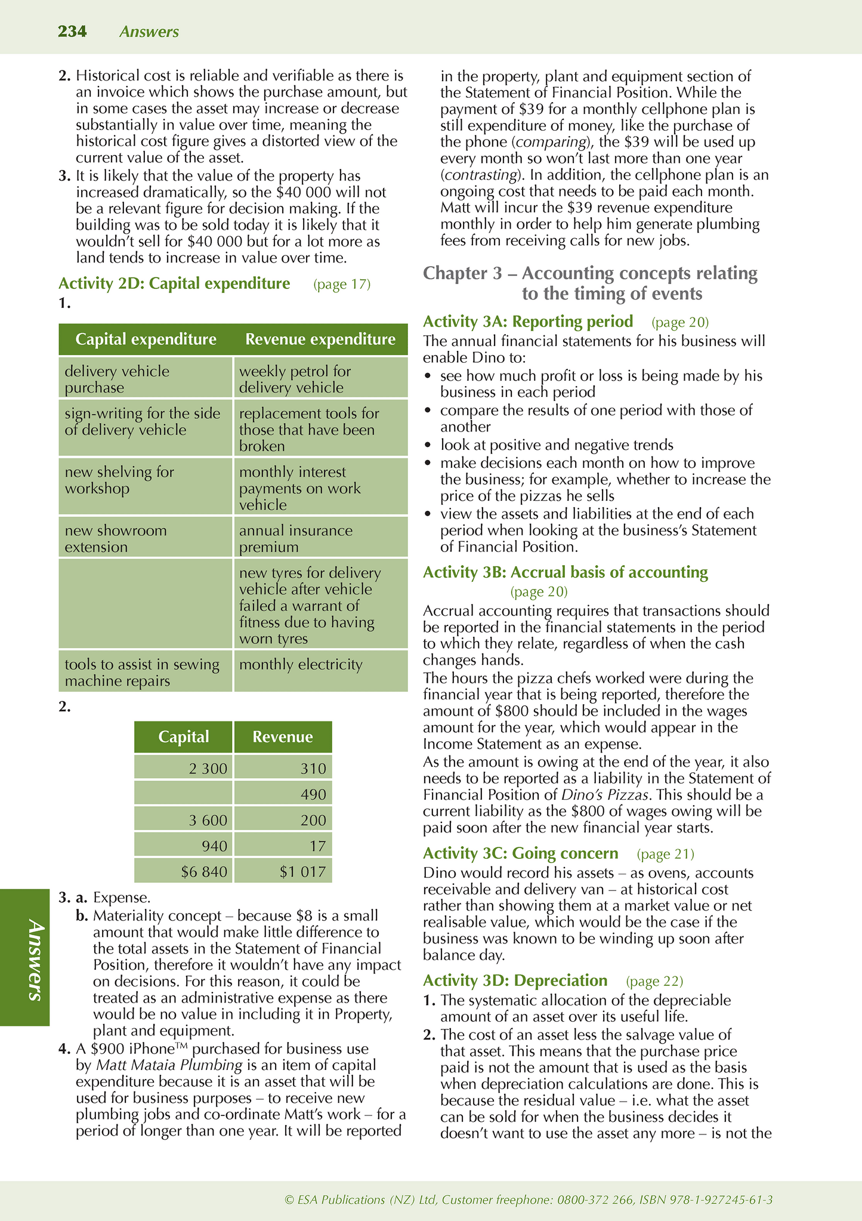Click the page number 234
(x=72, y=32)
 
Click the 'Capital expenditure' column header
(x=146, y=340)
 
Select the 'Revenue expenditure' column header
(x=320, y=340)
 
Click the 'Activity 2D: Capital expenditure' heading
(x=174, y=283)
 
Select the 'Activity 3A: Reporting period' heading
(x=528, y=322)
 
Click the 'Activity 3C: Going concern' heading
(x=520, y=853)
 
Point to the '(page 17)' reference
(x=342, y=284)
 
